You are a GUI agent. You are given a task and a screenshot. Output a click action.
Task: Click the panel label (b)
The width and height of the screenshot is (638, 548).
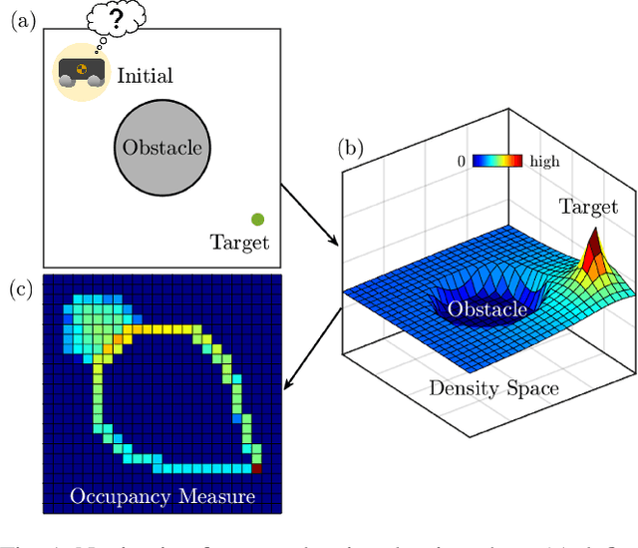pos(349,150)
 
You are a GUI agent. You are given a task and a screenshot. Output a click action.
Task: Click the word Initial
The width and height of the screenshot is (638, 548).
pos(145,76)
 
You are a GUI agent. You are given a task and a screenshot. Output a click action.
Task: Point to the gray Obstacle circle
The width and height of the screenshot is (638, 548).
pos(161,149)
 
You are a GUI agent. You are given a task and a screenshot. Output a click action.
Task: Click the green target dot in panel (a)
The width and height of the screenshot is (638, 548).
pos(257,220)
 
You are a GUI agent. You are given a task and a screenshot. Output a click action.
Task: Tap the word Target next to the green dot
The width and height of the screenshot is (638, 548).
pos(239,243)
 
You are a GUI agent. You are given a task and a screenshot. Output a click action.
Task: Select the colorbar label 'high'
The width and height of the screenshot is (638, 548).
pos(545,162)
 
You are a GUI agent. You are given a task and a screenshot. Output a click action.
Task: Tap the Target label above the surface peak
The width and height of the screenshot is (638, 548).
pos(586,208)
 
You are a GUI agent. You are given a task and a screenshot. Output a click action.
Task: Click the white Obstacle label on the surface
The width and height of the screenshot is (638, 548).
pos(485,309)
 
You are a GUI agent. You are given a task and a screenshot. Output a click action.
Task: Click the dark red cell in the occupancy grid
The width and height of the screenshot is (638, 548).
pos(256,467)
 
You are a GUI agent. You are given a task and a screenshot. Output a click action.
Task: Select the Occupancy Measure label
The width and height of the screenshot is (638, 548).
pos(163,496)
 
